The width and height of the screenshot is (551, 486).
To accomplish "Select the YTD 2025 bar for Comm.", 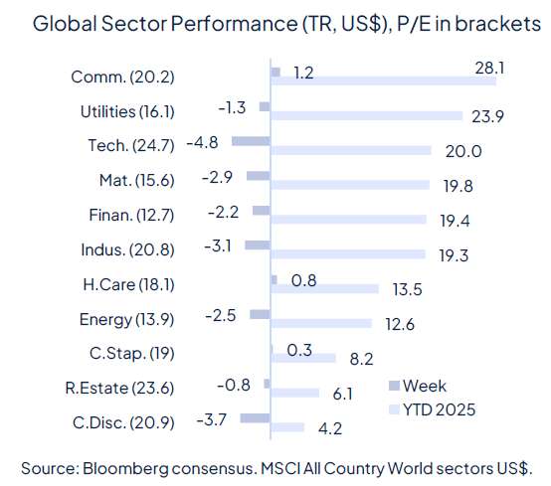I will tap(398, 81).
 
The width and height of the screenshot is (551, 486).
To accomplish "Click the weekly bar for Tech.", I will tap(251, 142).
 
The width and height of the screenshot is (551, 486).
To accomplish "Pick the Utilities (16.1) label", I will tap(126, 111).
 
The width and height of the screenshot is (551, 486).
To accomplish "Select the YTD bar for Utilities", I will tap(367, 116).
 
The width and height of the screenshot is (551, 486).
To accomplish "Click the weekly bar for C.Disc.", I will tap(256, 418).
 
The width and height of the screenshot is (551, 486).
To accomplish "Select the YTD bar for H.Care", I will tap(325, 288).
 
